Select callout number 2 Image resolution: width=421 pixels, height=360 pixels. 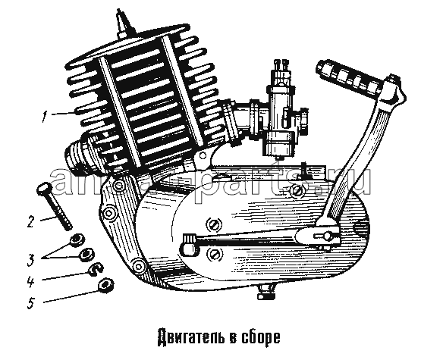click(31, 221)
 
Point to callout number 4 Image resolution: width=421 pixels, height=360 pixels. click(30, 281)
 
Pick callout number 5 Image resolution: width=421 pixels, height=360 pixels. click(31, 302)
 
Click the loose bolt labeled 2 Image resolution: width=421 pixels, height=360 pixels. click(55, 205)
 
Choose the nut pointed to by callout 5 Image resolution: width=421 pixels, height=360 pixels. click(105, 284)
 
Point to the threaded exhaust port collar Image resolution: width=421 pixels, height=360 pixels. click(78, 155)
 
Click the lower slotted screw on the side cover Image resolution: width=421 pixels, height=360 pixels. click(214, 253)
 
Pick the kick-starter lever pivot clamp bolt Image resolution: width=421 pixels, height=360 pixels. click(328, 236)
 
